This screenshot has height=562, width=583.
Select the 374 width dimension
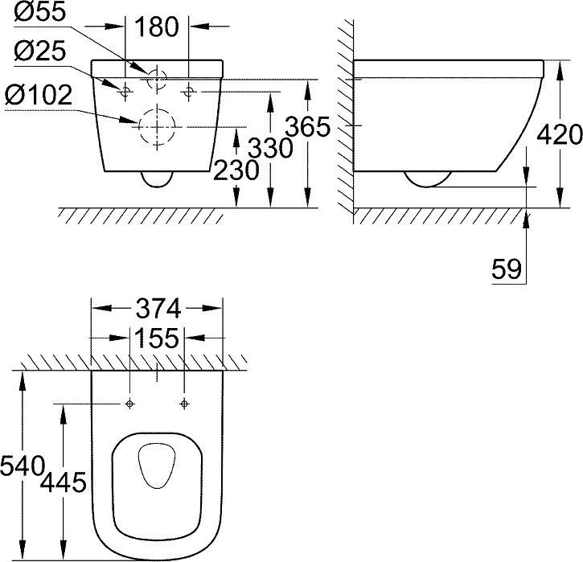[x=158, y=308]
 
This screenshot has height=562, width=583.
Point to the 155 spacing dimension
[x=158, y=338]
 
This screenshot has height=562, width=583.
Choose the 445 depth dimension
[x=63, y=482]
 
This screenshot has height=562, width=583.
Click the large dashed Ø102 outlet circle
[x=157, y=126]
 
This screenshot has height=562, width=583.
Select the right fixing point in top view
[x=185, y=402]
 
